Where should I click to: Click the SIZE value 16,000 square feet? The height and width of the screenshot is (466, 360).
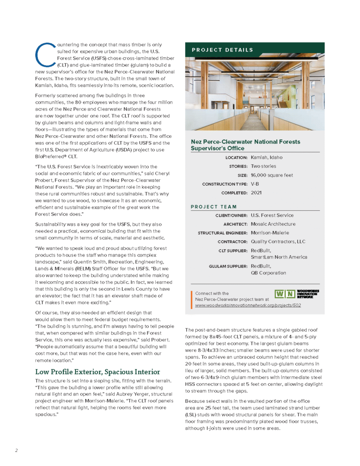click(272, 175)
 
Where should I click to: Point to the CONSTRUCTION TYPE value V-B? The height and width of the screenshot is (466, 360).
click(255, 184)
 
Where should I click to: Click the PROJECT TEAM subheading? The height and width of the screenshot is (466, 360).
click(214, 207)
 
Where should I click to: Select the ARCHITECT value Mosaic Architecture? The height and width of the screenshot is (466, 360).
click(273, 224)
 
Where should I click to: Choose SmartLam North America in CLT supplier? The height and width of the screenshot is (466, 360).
click(279, 257)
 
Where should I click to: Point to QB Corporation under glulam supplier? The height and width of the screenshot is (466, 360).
click(268, 273)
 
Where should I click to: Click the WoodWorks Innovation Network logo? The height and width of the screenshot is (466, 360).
click(296, 294)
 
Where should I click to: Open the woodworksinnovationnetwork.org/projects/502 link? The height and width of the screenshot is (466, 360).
click(248, 305)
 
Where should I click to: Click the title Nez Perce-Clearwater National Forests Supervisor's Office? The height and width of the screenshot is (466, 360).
click(245, 145)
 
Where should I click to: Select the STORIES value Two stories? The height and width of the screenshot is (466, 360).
click(263, 166)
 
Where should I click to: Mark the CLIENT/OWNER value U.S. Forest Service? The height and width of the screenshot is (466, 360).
click(272, 215)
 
